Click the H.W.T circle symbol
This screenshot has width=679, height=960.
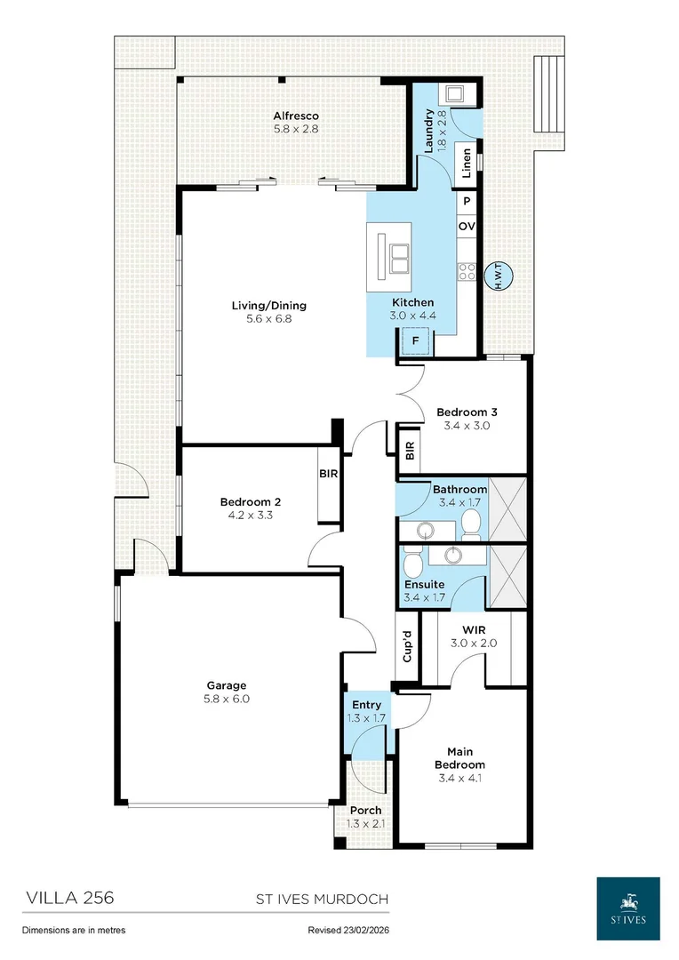click(x=498, y=276)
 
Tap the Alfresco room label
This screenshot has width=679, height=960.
click(x=296, y=116)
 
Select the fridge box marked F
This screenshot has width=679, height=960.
click(x=416, y=341)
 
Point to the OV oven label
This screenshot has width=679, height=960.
click(x=467, y=226)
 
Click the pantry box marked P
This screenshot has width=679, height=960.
click(x=467, y=201)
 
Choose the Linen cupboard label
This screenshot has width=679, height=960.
click(x=467, y=163)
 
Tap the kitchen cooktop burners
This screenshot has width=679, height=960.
click(x=467, y=271)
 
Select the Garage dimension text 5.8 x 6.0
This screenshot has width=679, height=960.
click(x=227, y=699)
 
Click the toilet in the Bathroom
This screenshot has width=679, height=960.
click(x=471, y=526)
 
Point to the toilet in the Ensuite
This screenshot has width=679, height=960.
click(x=412, y=564)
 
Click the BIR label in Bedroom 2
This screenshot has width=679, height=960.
click(x=328, y=473)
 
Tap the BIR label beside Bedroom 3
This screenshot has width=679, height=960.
click(x=410, y=452)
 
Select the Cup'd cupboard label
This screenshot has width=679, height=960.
click(x=406, y=646)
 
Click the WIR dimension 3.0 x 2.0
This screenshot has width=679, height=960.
click(x=474, y=643)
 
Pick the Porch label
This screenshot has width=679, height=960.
click(x=366, y=810)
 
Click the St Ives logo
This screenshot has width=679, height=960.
click(x=628, y=908)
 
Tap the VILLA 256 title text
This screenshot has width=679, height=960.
click(x=70, y=898)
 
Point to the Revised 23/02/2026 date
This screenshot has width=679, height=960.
click(x=348, y=930)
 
